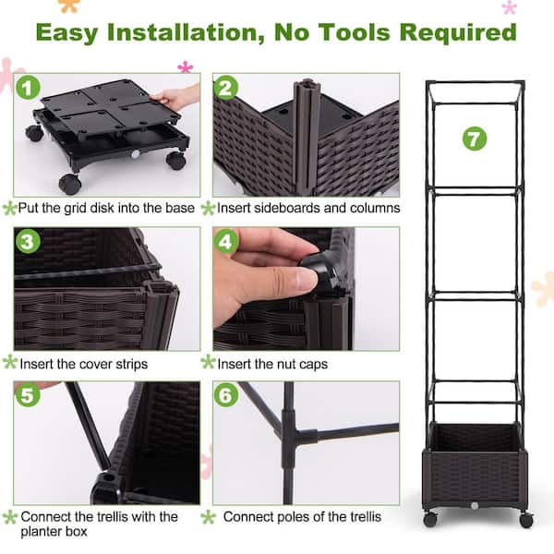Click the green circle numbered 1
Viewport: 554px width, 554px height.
coord(29,90)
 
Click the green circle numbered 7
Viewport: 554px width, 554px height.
coord(474,139)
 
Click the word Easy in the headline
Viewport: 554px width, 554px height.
coord(77,32)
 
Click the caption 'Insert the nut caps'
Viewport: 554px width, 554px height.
coord(283,363)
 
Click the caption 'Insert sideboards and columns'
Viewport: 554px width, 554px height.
coord(309,208)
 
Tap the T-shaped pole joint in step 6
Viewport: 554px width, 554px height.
coord(288,434)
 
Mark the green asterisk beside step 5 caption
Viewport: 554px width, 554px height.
coord(10,517)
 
